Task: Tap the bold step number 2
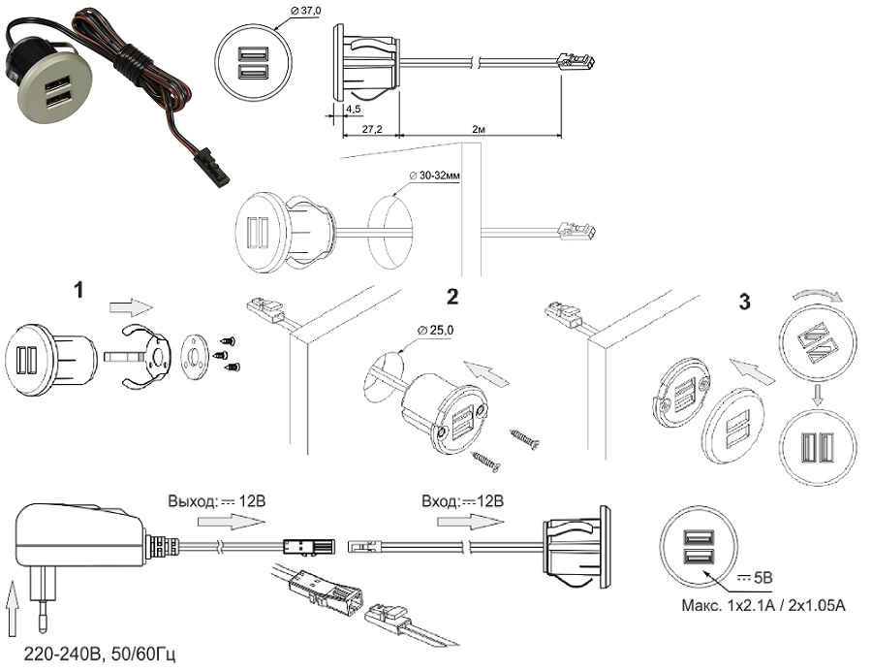tap(452, 295)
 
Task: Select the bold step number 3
tap(744, 302)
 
